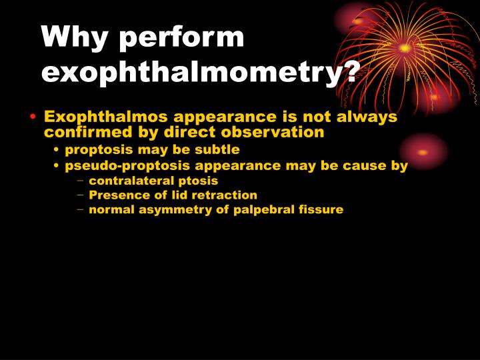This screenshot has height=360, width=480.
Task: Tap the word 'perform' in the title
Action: click(x=181, y=38)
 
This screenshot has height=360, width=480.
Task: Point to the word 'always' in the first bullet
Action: click(x=368, y=117)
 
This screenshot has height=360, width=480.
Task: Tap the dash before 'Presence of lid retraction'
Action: click(x=81, y=195)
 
